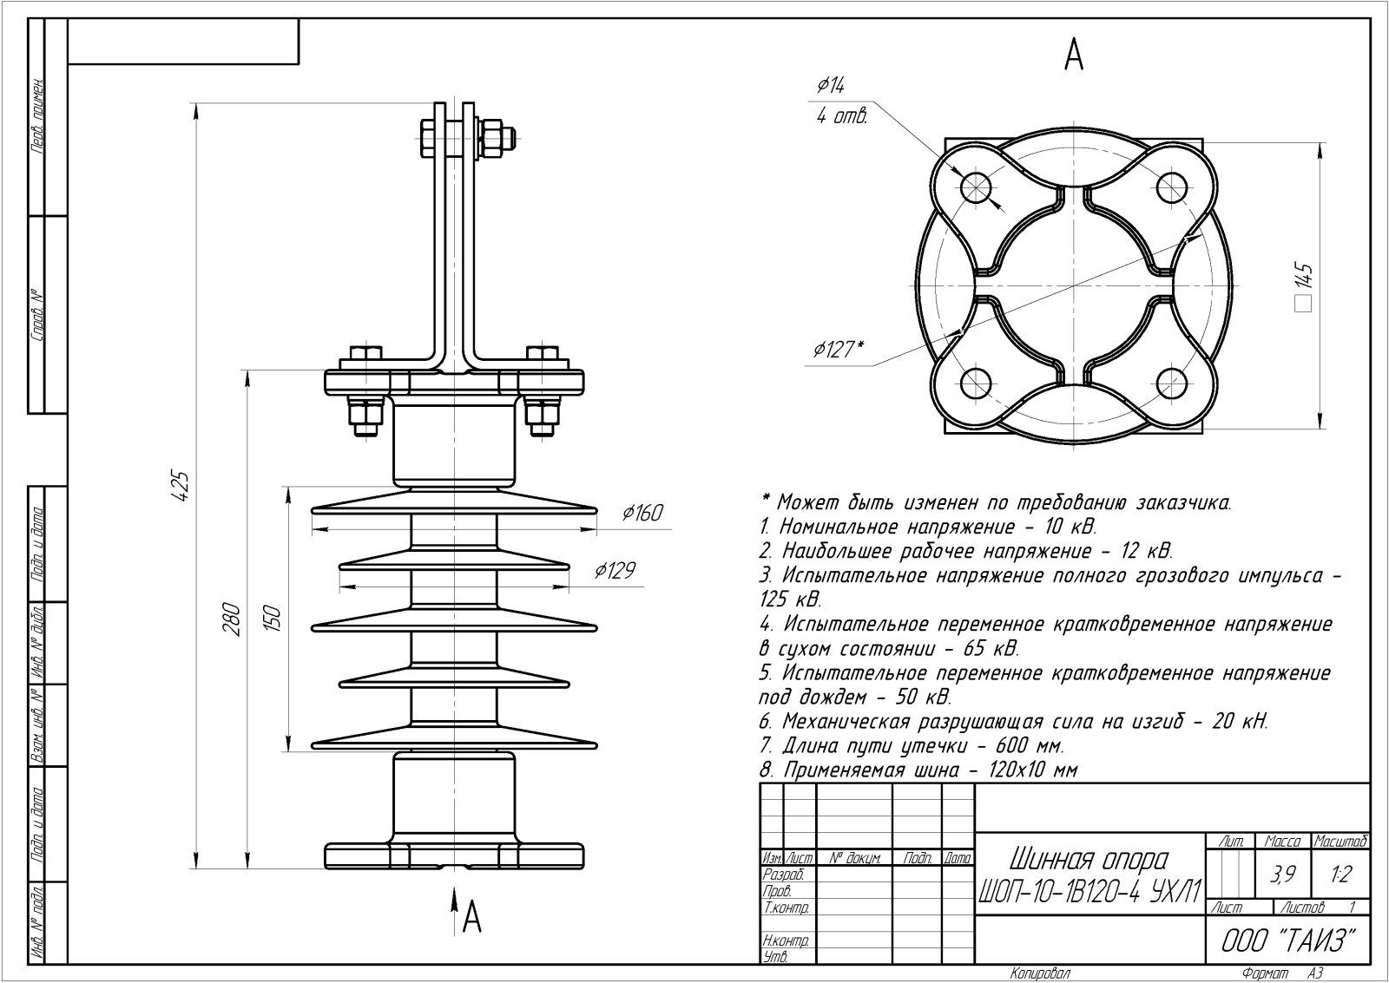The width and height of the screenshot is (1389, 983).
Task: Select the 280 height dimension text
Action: click(232, 618)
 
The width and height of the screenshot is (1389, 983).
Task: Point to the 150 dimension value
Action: click(273, 618)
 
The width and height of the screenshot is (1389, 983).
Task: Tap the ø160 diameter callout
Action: click(642, 514)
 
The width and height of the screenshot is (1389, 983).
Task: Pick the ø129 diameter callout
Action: click(615, 570)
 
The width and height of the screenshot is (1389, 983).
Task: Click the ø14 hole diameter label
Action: click(831, 85)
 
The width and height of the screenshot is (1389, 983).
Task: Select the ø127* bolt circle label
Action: click(839, 350)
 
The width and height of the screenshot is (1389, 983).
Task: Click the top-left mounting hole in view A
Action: click(976, 185)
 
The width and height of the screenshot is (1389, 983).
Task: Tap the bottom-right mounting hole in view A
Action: click(1172, 382)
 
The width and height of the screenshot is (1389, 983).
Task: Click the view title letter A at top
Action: click(1074, 56)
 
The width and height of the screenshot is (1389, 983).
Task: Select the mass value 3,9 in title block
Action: click(1282, 875)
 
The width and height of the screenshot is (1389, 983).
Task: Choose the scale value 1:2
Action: click(1340, 875)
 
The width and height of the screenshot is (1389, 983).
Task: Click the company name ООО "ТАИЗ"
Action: click(1287, 941)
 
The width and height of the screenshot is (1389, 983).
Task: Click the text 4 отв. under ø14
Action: click(841, 117)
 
